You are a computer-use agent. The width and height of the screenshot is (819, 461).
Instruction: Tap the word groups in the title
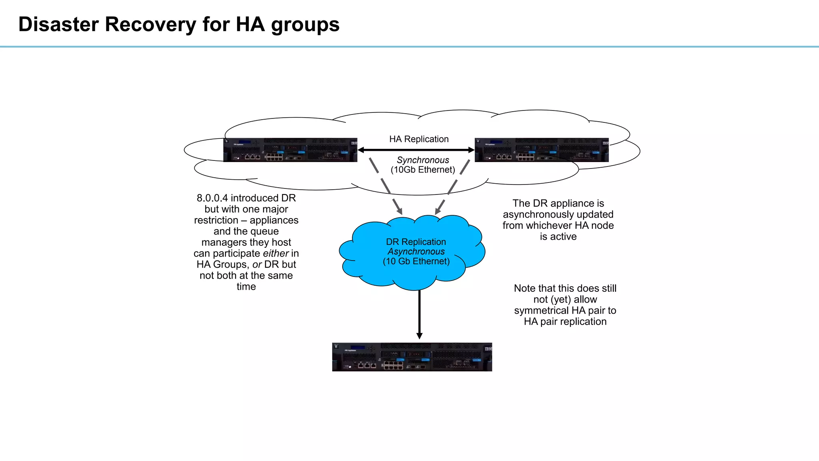coord(305,25)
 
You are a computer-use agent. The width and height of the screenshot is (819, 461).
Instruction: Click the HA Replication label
coord(419,139)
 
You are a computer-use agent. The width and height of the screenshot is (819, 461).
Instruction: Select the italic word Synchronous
coord(423,160)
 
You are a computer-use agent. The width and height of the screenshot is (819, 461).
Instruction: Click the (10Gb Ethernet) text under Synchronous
coord(423,170)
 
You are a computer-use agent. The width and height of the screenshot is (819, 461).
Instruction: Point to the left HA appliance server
coord(290,150)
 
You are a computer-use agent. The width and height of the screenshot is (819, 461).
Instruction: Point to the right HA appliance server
coord(541,150)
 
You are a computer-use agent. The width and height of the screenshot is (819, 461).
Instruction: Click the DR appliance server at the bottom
coord(412,357)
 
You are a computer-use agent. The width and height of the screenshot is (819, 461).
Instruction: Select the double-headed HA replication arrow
coord(416,150)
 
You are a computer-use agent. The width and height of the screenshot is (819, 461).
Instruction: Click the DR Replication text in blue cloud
coord(416,242)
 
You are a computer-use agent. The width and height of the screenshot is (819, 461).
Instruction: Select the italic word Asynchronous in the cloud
coord(416,252)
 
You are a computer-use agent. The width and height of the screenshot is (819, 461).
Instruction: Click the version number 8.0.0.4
coord(212,198)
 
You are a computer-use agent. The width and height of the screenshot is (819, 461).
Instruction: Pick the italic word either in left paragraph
coord(276,253)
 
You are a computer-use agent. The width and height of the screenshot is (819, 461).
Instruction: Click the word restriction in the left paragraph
coord(216,220)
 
